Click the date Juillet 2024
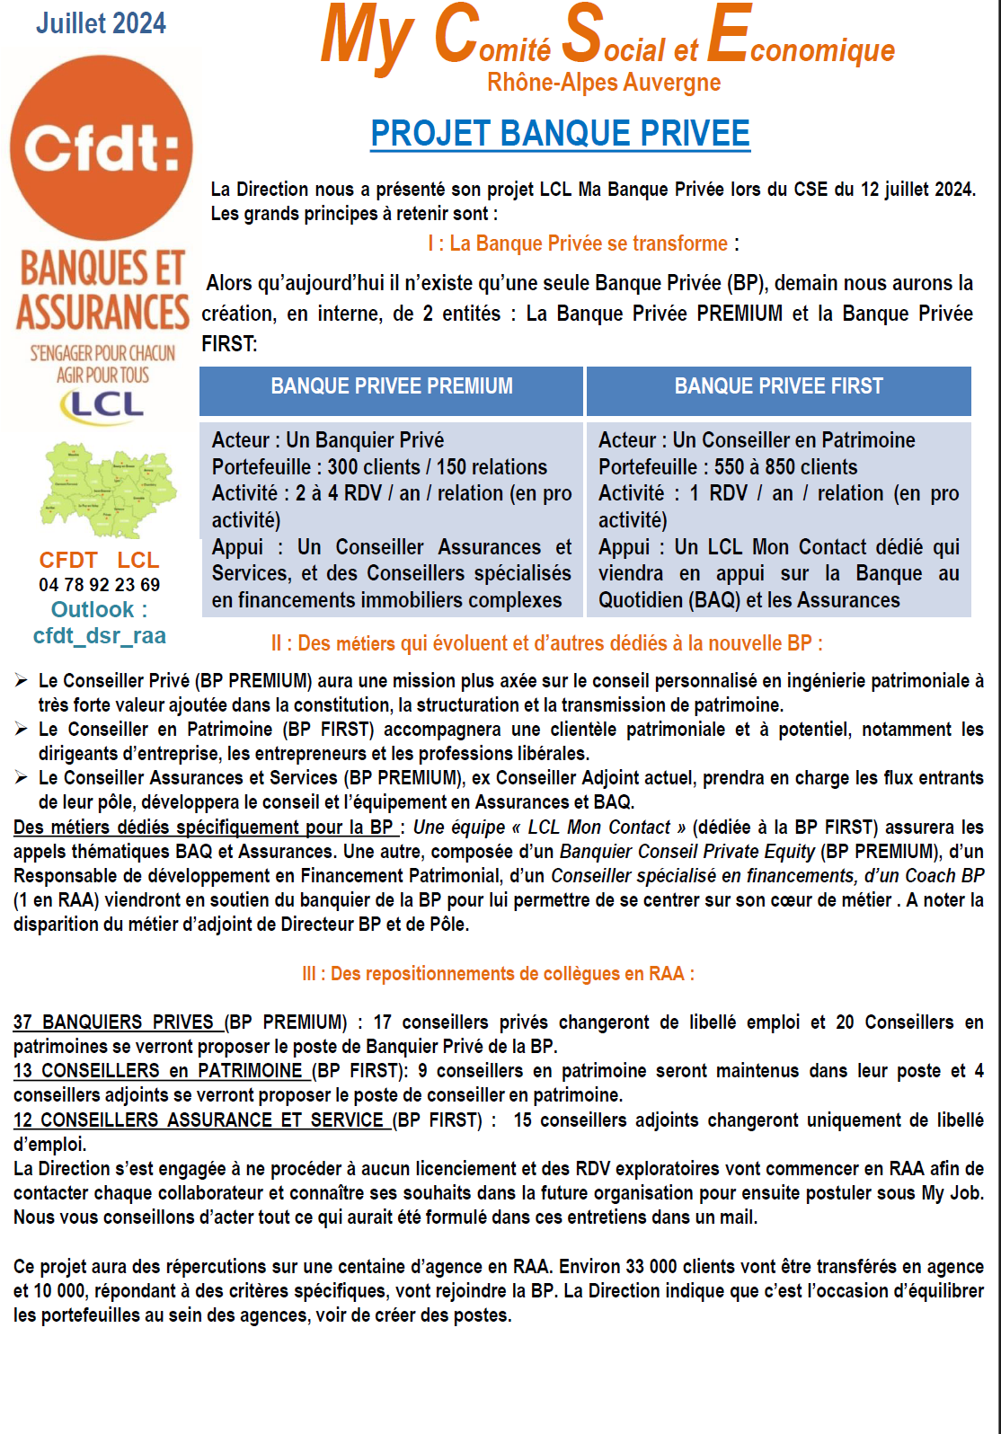[101, 23]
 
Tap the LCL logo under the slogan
[102, 405]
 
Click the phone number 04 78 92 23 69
[99, 585]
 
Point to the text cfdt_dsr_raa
[99, 636]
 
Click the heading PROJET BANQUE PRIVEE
[560, 134]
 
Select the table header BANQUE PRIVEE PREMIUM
[392, 386]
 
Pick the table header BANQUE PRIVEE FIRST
[778, 386]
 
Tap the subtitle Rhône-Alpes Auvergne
[604, 83]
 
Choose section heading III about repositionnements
[498, 974]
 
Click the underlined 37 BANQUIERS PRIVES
[114, 1022]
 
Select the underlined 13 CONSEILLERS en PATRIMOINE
[158, 1071]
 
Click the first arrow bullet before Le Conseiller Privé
[21, 681]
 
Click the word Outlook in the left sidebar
[93, 610]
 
